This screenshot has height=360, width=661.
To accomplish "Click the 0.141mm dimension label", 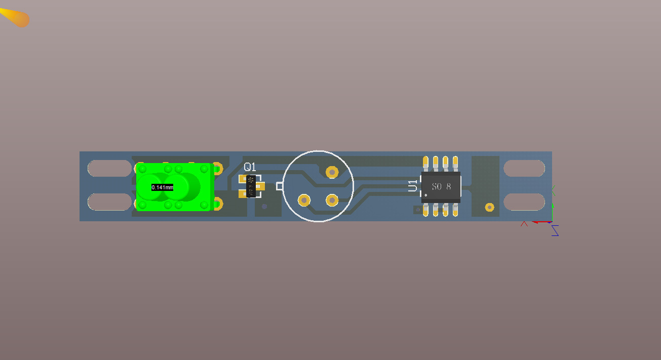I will point(162,187).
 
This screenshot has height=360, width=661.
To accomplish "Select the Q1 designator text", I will point(250,167).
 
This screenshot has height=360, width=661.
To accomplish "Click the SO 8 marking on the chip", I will point(441,187).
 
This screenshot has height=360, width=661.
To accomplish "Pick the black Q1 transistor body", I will point(251,186).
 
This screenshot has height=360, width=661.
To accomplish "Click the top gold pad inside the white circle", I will point(332,172).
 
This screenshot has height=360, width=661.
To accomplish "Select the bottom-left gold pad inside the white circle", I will point(304,200).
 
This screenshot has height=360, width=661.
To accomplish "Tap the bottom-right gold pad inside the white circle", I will point(332,200).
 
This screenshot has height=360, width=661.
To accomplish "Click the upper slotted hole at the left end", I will point(109,168).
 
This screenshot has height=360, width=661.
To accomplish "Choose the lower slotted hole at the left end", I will point(109,202).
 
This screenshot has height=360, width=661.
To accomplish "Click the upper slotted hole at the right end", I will point(524,168).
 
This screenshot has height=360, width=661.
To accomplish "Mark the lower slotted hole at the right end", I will point(524,202).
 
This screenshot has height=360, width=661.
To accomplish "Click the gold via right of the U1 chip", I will point(489,207).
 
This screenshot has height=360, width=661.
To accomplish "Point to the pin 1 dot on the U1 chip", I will point(426,195).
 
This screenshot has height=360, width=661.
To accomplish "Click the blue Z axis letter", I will point(555,231).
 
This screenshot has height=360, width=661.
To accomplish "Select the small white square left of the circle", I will point(279,186).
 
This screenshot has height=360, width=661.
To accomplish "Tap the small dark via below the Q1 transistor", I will point(264,206).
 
